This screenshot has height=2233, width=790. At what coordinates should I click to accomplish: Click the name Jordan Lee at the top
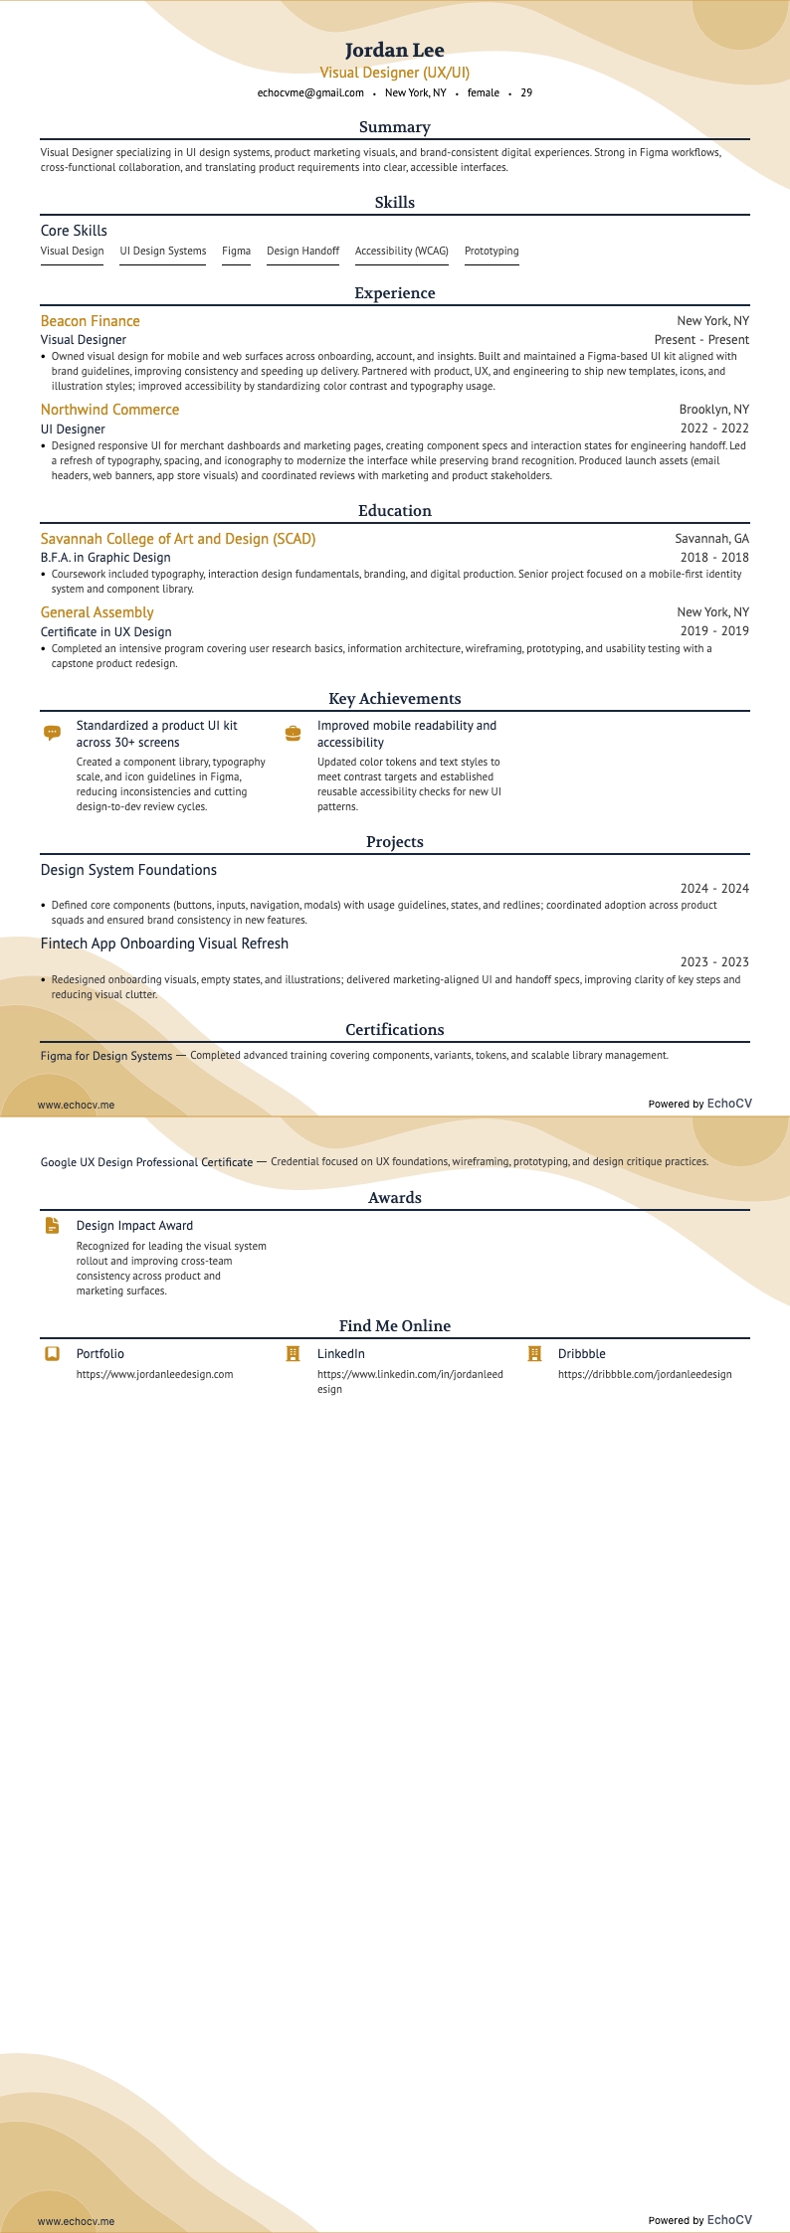pyautogui.click(x=394, y=50)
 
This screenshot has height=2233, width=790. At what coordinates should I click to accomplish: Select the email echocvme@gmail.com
pyautogui.click(x=310, y=92)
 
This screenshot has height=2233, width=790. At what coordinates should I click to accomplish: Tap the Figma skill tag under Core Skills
pyautogui.click(x=236, y=251)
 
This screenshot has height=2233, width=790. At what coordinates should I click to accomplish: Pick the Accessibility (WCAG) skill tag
pyautogui.click(x=401, y=251)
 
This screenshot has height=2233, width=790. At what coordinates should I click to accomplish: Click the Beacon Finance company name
pyautogui.click(x=90, y=321)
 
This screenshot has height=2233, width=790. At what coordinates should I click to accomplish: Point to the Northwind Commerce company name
pyautogui.click(x=109, y=410)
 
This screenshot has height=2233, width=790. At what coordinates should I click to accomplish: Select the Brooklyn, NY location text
pyautogui.click(x=713, y=410)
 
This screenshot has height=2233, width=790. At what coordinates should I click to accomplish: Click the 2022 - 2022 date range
pyautogui.click(x=713, y=429)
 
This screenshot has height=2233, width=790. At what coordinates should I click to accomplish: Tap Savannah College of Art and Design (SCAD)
pyautogui.click(x=178, y=539)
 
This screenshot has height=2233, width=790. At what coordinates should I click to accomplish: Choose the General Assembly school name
pyautogui.click(x=97, y=612)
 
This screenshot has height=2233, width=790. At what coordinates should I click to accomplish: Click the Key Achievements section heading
pyautogui.click(x=394, y=699)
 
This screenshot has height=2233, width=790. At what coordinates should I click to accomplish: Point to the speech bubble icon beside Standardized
pyautogui.click(x=53, y=733)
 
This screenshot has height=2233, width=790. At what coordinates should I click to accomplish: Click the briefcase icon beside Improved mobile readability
pyautogui.click(x=293, y=733)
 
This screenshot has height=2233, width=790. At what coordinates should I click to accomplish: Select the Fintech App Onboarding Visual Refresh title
pyautogui.click(x=164, y=944)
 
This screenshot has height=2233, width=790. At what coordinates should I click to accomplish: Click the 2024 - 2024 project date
pyautogui.click(x=713, y=889)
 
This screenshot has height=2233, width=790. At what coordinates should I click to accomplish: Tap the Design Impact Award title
pyautogui.click(x=134, y=1226)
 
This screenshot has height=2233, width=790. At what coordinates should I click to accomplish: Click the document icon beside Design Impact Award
pyautogui.click(x=53, y=1226)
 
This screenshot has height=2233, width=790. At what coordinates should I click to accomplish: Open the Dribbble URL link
pyautogui.click(x=645, y=1374)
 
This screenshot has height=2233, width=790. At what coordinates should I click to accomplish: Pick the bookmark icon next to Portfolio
pyautogui.click(x=53, y=1354)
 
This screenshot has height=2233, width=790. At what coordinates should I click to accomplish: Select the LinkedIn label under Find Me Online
pyautogui.click(x=340, y=1354)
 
